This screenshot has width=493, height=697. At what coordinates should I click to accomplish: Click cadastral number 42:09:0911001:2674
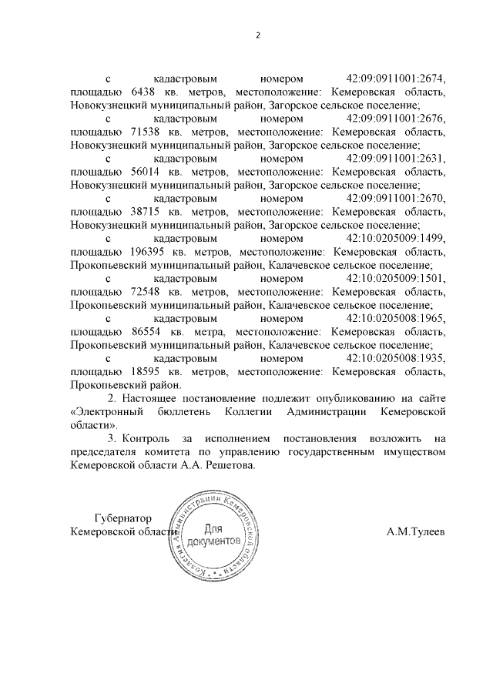pos(396,79)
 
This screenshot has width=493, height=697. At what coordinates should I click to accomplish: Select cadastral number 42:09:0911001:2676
pos(396,119)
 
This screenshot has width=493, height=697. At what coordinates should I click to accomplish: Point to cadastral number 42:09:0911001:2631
pos(396,159)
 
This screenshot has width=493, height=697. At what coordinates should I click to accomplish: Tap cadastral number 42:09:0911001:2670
pos(396,199)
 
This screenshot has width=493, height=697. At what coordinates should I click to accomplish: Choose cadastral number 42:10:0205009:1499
pos(396,238)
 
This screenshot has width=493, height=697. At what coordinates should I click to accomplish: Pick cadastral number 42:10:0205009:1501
pos(396,278)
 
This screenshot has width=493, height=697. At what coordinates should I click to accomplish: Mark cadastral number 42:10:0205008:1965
pos(396,318)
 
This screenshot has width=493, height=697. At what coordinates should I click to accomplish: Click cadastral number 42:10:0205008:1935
pos(396,358)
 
